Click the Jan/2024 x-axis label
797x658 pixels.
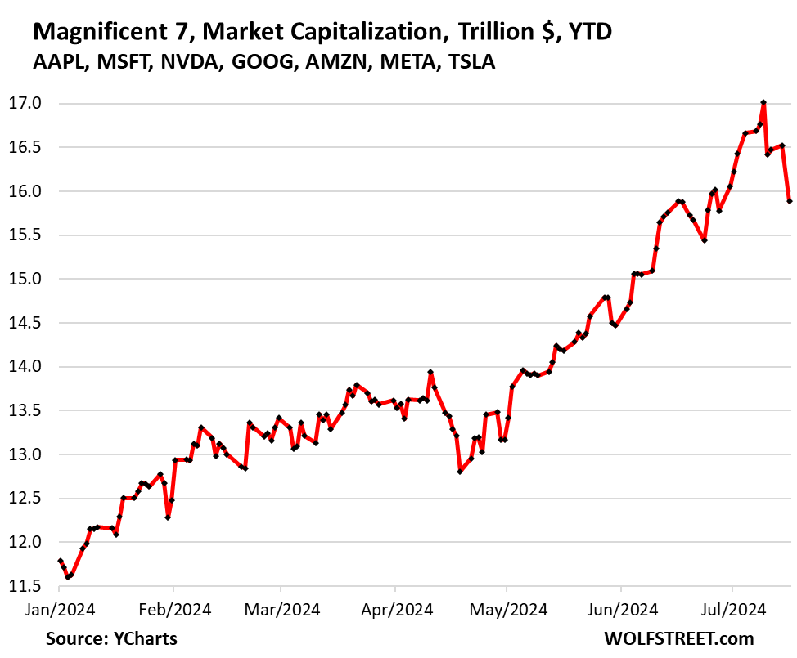tap(60, 609)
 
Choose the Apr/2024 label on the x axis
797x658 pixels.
tap(395, 609)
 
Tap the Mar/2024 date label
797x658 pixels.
tap(281, 609)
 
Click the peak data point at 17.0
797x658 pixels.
tap(763, 103)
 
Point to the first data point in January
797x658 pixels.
tap(60, 561)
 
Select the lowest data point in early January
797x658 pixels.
tap(68, 577)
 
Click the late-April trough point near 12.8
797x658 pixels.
tap(460, 472)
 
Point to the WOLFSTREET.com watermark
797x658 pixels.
tap(690, 638)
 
